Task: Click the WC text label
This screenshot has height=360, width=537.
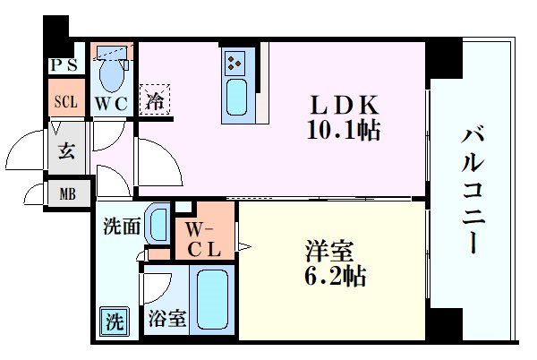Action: click(113, 103)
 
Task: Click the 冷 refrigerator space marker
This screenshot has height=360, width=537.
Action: click(155, 101)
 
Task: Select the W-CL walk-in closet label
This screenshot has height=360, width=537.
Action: click(204, 238)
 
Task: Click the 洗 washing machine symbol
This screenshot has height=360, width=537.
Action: click(113, 318)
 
